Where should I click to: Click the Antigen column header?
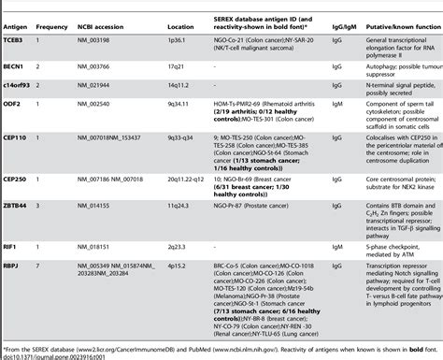18,17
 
